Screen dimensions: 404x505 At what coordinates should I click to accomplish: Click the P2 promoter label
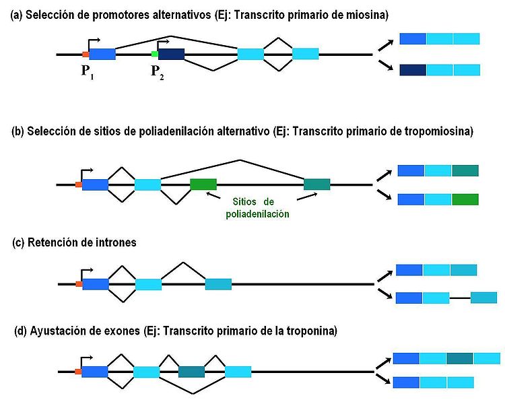click(x=157, y=72)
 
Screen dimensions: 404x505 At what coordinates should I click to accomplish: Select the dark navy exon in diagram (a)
click(x=171, y=55)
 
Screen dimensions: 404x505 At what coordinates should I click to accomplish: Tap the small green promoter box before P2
click(x=154, y=54)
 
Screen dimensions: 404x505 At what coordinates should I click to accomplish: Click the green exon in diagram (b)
click(x=203, y=184)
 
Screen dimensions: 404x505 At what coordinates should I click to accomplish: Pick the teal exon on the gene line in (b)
click(x=317, y=184)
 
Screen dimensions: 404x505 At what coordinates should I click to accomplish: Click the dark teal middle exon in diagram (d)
click(x=191, y=371)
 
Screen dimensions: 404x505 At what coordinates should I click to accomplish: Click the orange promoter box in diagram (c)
click(x=78, y=284)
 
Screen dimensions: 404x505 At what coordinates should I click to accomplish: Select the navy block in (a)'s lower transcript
click(x=413, y=69)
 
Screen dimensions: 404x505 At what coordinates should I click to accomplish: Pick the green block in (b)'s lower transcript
click(x=465, y=199)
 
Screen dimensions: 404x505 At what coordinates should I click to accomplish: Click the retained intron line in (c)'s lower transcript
click(x=459, y=298)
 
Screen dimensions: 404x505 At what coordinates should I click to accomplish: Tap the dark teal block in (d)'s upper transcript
click(x=459, y=358)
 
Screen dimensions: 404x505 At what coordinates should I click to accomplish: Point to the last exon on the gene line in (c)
click(x=218, y=284)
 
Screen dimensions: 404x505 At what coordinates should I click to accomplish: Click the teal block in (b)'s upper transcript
click(x=465, y=170)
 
